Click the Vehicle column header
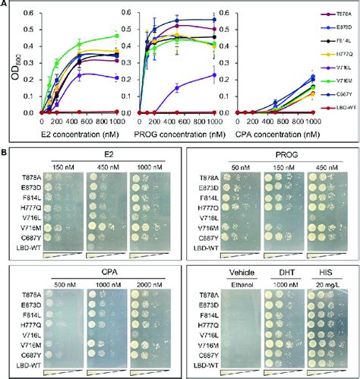pos(246,272)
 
